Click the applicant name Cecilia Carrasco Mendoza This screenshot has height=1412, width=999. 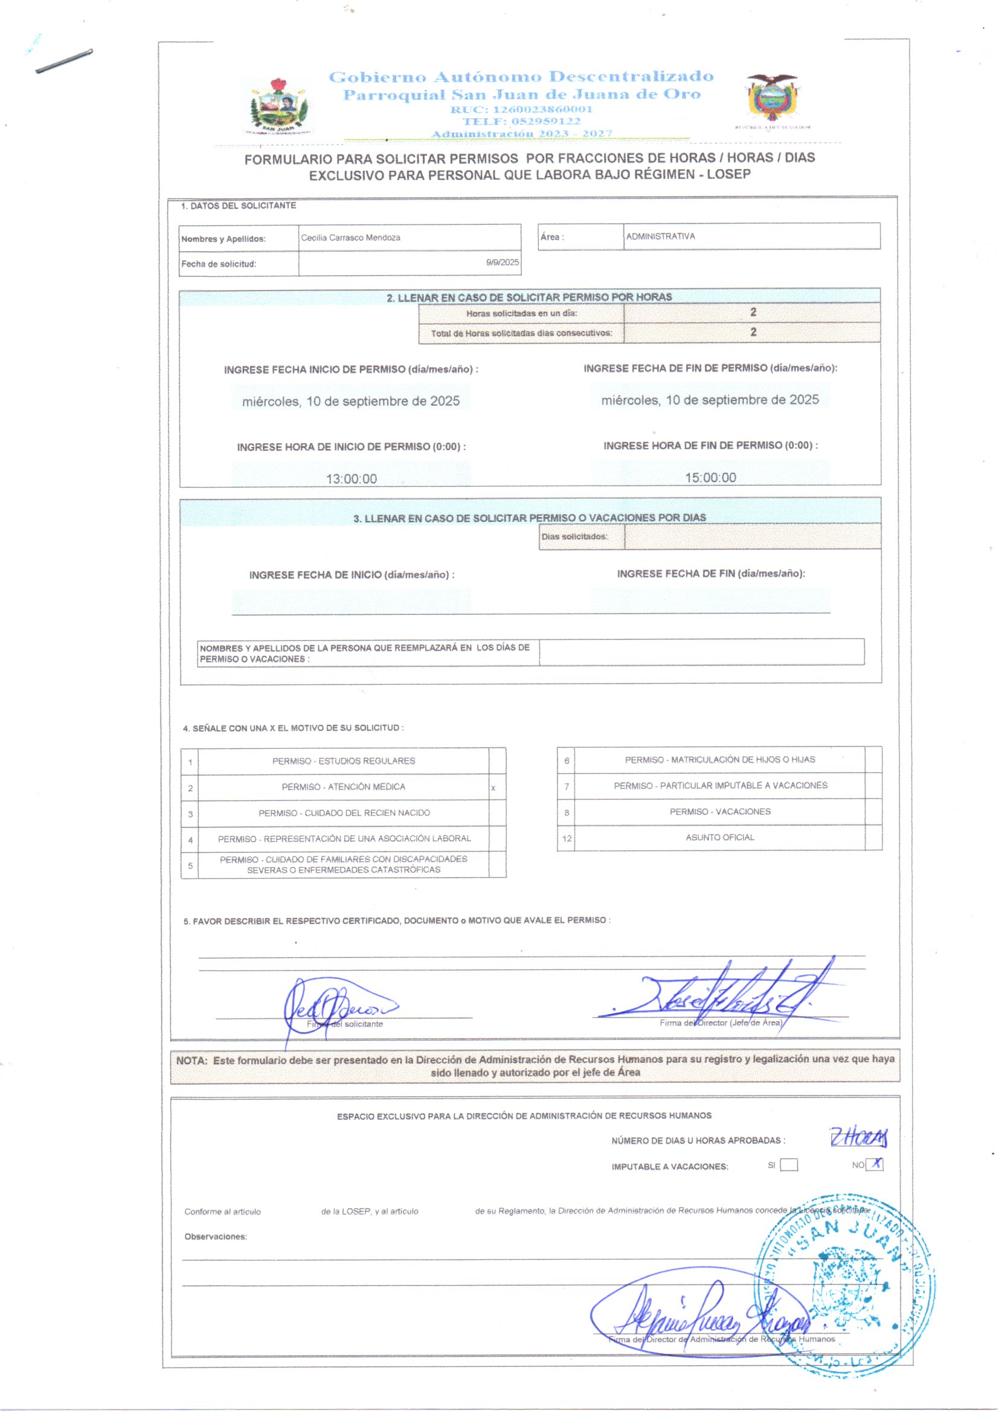coord(350,237)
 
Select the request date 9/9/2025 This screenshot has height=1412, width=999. coord(502,262)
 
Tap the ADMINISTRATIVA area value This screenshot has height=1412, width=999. coord(660,236)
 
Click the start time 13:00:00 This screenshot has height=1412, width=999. coord(351,478)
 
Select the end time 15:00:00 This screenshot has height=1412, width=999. coord(710,477)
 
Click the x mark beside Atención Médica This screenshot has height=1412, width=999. coord(493,788)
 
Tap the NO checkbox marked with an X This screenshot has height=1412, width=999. coord(875,1164)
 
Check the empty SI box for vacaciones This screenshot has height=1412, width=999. coord(789,1164)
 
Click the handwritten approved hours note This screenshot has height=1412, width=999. coord(858,1138)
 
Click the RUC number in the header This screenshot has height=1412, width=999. coord(521,109)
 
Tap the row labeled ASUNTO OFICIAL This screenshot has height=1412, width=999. coord(719,837)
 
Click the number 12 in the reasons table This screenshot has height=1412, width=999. coord(566,838)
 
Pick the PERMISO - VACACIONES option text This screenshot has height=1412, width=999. coord(719,811)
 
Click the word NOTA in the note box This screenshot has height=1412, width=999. coord(191,1061)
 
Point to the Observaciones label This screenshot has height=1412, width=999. coord(215,1236)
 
